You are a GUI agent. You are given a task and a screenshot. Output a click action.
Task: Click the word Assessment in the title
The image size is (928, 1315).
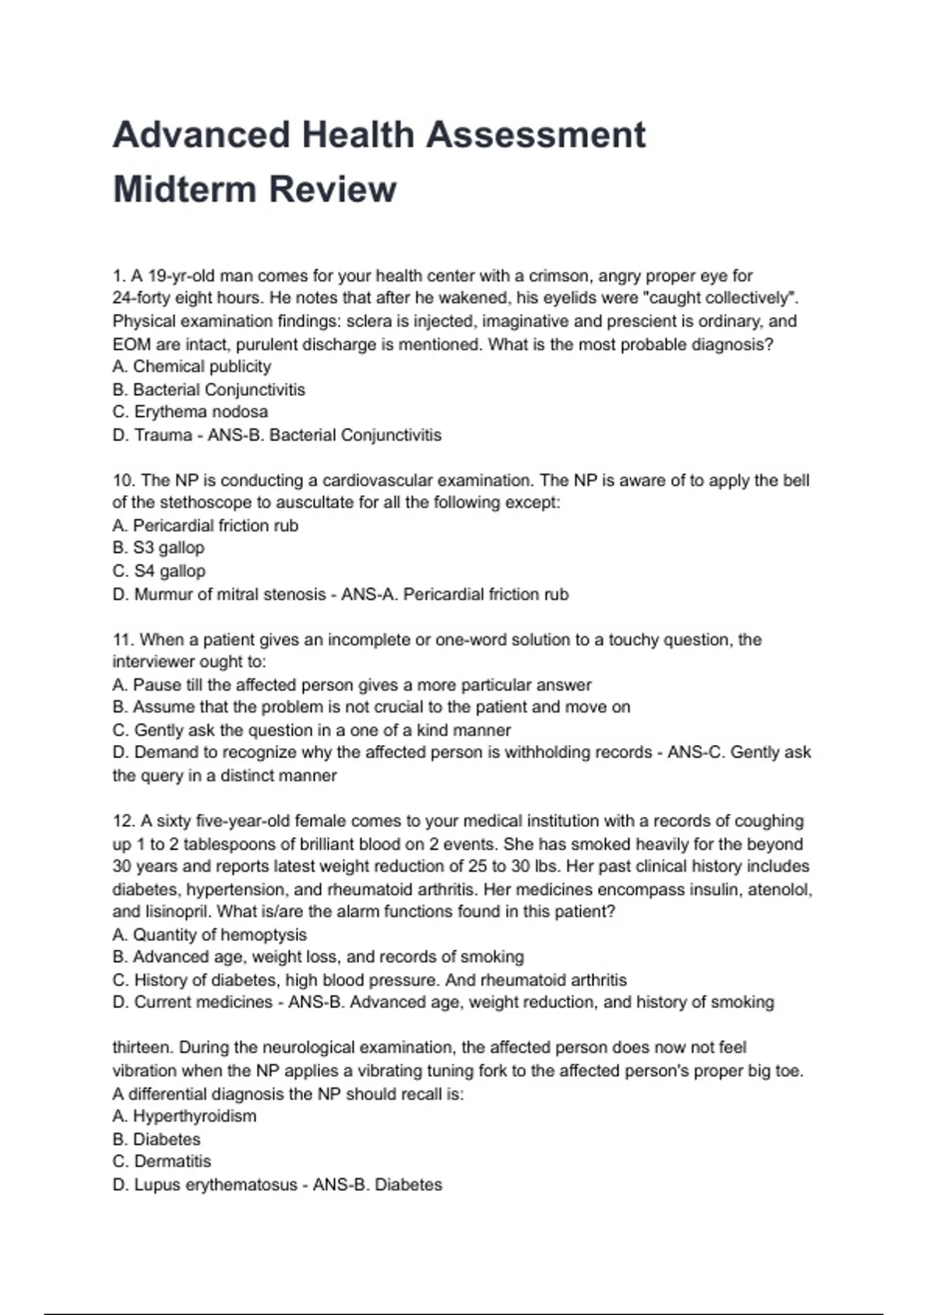535,135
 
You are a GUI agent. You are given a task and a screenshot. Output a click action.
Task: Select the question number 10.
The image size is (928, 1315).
124,480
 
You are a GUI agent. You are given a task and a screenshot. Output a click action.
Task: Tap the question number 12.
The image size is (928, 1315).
124,821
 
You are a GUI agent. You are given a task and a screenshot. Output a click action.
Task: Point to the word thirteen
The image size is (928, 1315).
143,1047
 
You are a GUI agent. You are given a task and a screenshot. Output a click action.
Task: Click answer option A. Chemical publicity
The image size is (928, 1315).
192,367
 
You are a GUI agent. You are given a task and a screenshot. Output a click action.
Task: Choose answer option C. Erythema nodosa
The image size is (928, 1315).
190,412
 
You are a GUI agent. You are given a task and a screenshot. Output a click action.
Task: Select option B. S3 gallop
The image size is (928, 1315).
159,548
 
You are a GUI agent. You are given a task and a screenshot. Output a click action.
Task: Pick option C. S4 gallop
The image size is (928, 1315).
159,571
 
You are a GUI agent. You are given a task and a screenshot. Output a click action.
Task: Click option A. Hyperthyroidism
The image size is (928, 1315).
184,1115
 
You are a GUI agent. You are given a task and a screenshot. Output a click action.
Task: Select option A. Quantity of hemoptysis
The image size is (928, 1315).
209,934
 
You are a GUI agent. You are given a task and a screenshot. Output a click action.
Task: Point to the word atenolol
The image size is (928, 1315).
780,890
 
